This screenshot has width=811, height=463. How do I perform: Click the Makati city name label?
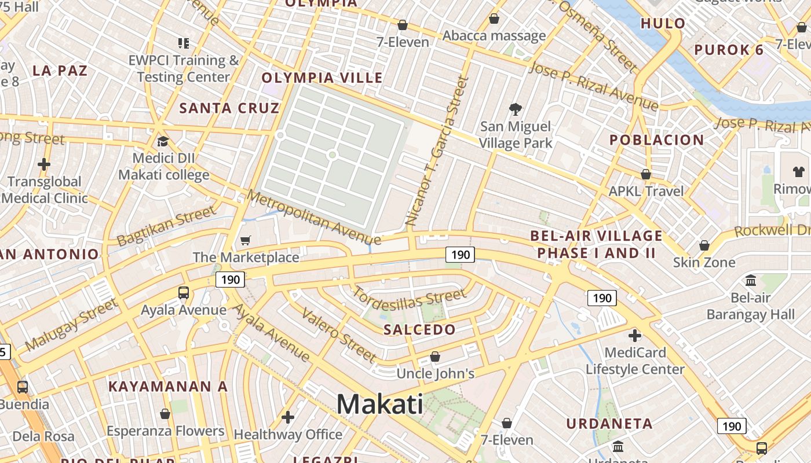(379, 403)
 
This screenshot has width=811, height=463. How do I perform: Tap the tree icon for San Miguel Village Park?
(515, 109)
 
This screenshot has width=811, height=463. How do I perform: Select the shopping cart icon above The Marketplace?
(246, 240)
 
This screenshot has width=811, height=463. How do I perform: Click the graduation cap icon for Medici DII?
(163, 141)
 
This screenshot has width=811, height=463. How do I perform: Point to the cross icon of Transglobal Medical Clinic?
(44, 164)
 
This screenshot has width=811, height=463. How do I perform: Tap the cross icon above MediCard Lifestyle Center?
(635, 335)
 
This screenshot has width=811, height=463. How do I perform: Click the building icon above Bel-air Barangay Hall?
(751, 281)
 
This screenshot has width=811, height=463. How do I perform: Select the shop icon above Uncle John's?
(435, 357)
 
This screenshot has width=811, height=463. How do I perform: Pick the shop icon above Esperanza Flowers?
(165, 414)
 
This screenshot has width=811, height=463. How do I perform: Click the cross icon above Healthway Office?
(287, 417)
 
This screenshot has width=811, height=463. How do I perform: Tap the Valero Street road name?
(339, 336)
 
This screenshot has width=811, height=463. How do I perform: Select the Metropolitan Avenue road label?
(313, 216)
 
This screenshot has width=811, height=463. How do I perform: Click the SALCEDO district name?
(420, 330)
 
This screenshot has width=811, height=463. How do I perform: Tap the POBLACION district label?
(656, 140)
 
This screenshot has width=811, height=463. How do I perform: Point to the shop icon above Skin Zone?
(704, 245)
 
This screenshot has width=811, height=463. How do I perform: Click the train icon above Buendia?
(22, 387)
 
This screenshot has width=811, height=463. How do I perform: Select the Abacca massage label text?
(494, 36)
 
